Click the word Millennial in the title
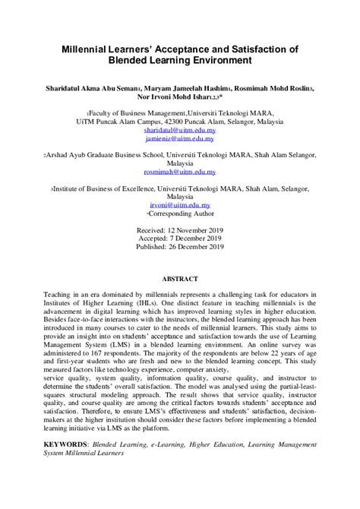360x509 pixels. (x=92, y=47)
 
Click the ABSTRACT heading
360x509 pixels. (x=180, y=278)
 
